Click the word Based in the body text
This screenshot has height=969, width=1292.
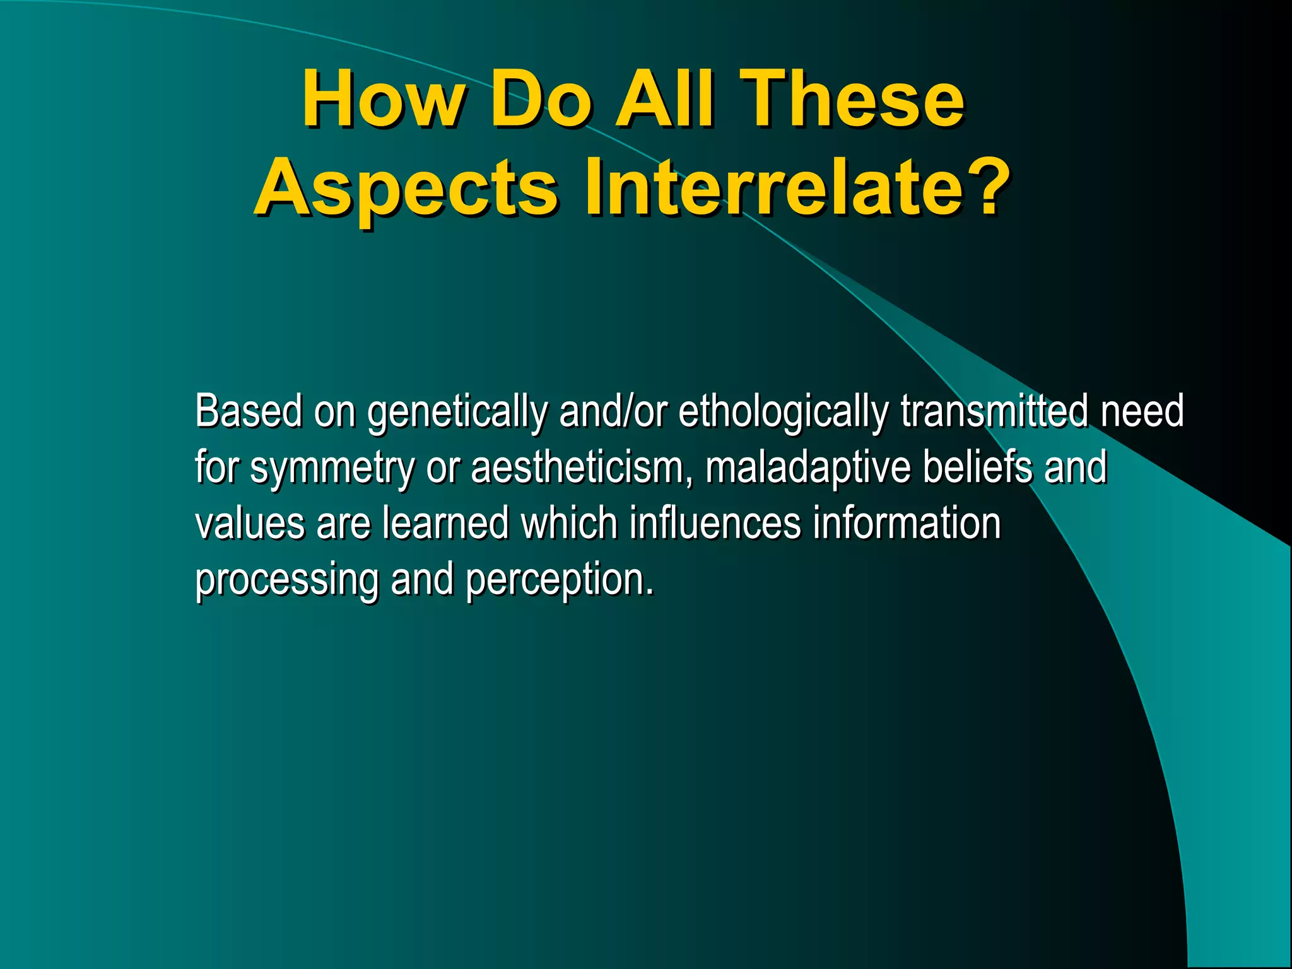click(x=249, y=411)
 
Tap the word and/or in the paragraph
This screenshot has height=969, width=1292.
click(x=613, y=411)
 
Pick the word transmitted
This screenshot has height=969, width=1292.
click(x=994, y=411)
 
